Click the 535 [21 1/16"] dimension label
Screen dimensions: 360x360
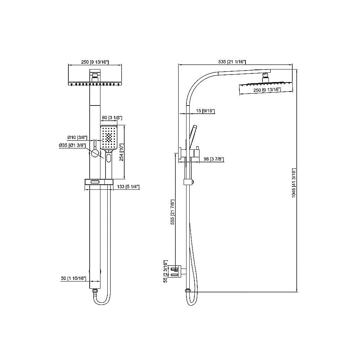(232, 62)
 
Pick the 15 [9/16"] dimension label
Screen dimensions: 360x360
(204, 111)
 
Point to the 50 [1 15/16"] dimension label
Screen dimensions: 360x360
(73, 279)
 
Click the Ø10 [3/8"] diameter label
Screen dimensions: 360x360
(76, 138)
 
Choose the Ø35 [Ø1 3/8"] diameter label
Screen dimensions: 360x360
(72, 145)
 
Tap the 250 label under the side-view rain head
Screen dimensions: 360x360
(267, 89)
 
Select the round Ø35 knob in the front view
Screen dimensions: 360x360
(95, 153)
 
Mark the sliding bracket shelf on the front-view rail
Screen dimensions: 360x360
(98, 183)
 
